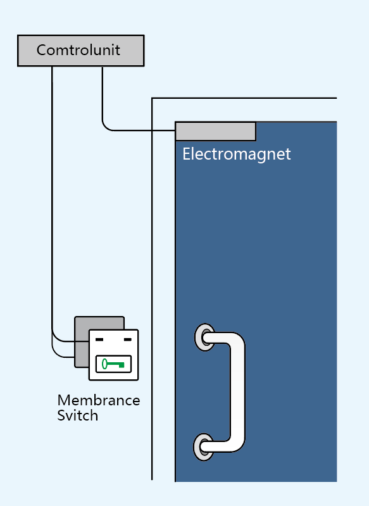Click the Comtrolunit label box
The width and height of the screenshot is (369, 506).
pyautogui.click(x=80, y=51)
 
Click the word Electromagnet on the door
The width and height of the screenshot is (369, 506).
pyautogui.click(x=237, y=154)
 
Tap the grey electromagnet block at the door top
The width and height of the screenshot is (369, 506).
pyautogui.click(x=215, y=131)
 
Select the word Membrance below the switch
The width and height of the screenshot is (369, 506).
pyautogui.click(x=99, y=400)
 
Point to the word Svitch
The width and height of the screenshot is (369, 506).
pyautogui.click(x=77, y=415)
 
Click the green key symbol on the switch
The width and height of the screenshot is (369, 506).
pyautogui.click(x=113, y=364)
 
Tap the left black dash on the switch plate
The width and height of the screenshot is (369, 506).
pyautogui.click(x=99, y=339)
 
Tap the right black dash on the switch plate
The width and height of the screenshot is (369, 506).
pyautogui.click(x=128, y=339)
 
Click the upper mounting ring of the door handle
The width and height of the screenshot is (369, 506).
pyautogui.click(x=204, y=337)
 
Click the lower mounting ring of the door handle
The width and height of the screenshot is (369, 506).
pyautogui.click(x=204, y=447)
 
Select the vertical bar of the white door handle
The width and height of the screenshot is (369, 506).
pyautogui.click(x=238, y=392)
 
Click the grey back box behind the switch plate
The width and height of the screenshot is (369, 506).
pyautogui.click(x=82, y=342)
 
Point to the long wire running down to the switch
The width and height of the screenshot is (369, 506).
pyautogui.click(x=53, y=203)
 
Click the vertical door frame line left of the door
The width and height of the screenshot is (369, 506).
pyautogui.click(x=152, y=289)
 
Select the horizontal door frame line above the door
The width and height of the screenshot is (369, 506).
pyautogui.click(x=244, y=98)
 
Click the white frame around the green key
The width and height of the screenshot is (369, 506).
pyautogui.click(x=113, y=364)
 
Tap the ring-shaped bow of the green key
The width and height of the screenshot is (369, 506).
pyautogui.click(x=104, y=364)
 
